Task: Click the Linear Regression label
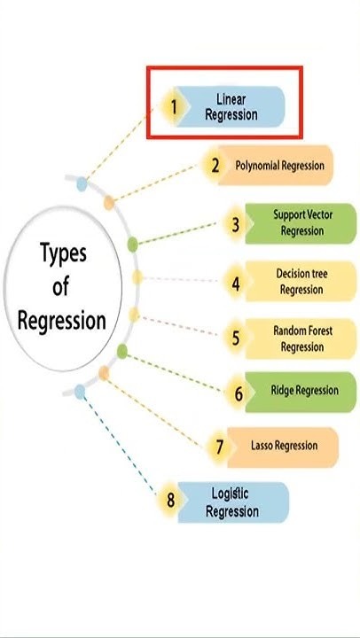(231, 106)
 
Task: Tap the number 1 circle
(174, 107)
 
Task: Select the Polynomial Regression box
(278, 166)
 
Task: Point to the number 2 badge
(215, 166)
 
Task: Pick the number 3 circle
(235, 224)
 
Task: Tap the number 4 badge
(236, 284)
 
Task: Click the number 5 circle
(236, 338)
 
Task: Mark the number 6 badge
(239, 393)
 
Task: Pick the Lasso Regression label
(283, 446)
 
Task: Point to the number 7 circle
(219, 447)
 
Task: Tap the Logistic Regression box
(232, 502)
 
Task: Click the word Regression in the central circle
(62, 319)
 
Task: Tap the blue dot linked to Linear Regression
(82, 184)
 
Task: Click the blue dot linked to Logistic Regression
(81, 391)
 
